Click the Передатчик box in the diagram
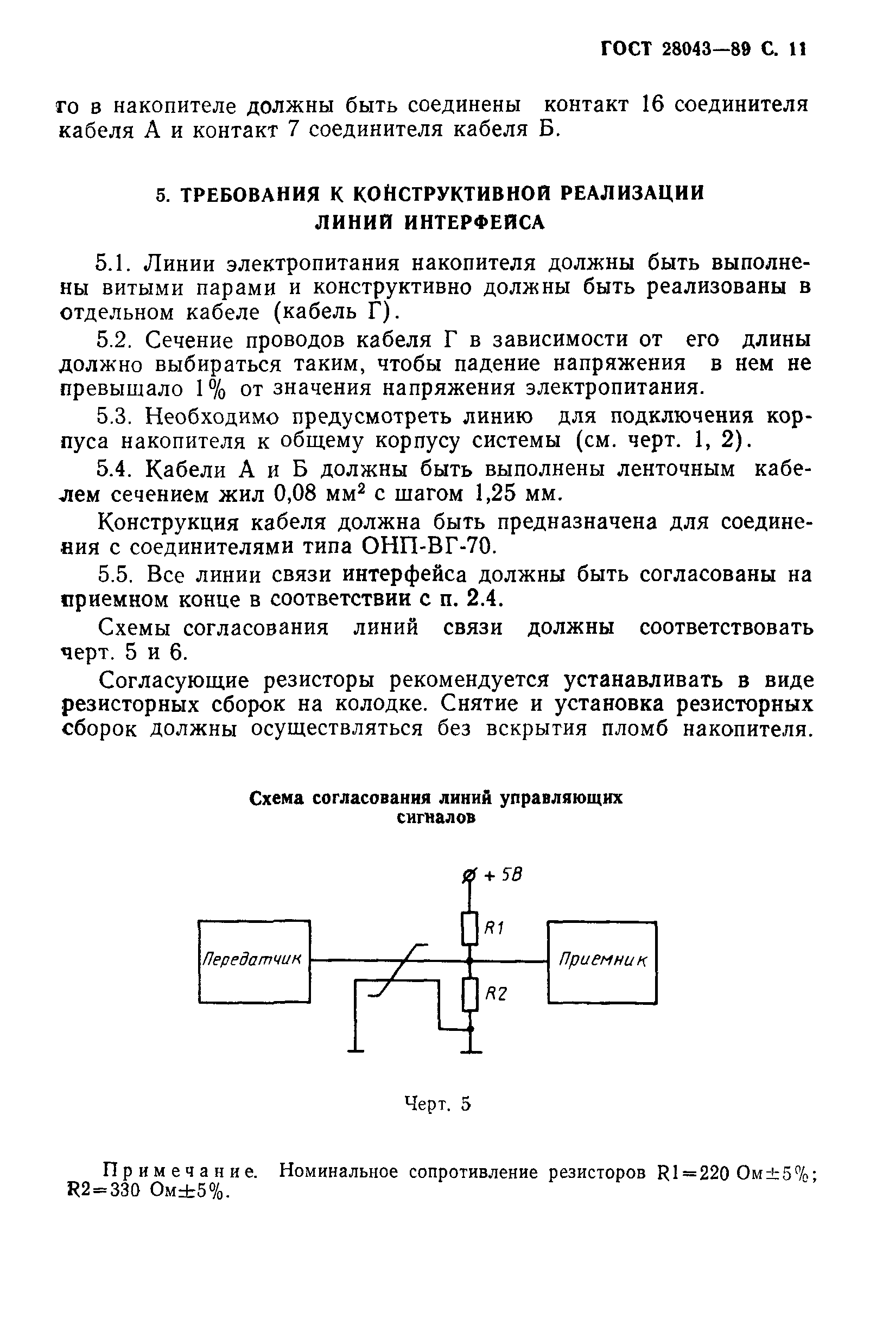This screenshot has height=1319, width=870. [253, 961]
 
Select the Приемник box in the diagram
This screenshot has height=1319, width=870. [602, 962]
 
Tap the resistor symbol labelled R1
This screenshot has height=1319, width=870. [469, 928]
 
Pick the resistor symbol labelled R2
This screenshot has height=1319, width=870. [470, 995]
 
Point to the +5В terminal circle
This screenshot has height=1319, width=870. [469, 876]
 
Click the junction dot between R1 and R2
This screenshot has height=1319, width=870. [469, 960]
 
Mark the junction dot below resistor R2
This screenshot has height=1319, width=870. [470, 1029]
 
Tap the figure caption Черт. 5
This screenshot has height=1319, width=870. [438, 1104]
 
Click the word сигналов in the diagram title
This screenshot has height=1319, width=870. [437, 818]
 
